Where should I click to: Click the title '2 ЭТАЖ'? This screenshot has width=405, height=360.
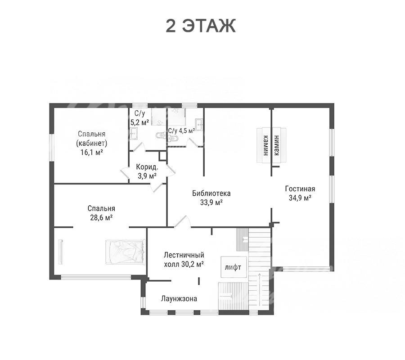tap(200, 26)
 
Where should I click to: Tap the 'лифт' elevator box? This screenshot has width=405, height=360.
tap(233, 267)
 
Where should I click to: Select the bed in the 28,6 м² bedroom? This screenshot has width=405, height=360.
tap(125, 252)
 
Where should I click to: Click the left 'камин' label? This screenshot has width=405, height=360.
tap(265, 145)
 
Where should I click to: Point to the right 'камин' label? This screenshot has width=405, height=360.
tap(277, 145)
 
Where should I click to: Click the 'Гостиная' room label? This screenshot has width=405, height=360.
tap(300, 189)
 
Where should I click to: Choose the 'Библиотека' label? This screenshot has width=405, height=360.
tap(211, 193)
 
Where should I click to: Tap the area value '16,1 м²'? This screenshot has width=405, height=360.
tap(92, 153)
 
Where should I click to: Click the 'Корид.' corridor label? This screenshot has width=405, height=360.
tap(147, 167)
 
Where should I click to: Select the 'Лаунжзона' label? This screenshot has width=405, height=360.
tap(179, 298)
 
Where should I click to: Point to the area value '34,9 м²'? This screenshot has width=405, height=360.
tap(300, 198)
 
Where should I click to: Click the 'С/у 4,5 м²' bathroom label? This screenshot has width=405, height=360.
tap(181, 130)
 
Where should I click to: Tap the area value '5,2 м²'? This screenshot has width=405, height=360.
tap(140, 122)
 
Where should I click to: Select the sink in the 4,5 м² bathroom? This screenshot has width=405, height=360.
tap(199, 125)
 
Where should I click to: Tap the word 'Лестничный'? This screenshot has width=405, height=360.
tap(184, 255)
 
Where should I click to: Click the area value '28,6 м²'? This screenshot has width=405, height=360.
tap(101, 218)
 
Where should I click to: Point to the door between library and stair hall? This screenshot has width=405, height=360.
tap(182, 221)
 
